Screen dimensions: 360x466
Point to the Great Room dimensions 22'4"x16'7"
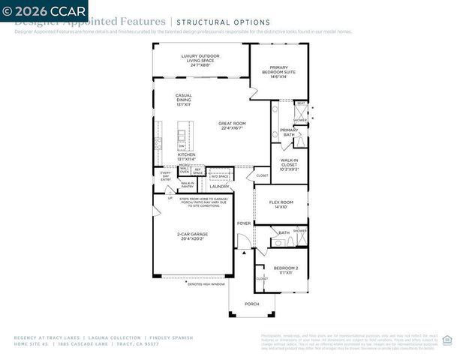pos(232,128)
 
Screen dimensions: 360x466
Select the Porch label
pos(251,304)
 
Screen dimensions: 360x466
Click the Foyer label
pos(244,223)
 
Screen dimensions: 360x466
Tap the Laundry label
pos(220,186)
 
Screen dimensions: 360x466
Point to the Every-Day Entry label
pos(166,176)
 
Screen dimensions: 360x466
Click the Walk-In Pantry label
pos(188,184)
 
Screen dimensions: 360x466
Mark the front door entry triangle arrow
pos(244,253)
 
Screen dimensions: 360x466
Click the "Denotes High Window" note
pos(206,283)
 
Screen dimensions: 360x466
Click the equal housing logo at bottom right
pos(447,340)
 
